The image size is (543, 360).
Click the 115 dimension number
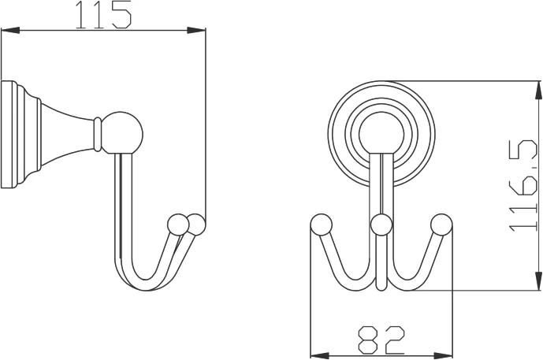click(103, 14)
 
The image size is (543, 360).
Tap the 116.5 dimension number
click(523, 186)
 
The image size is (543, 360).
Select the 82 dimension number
click(381, 340)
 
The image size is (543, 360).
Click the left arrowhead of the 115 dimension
click(10, 31)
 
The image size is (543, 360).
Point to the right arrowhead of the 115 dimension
click(197, 31)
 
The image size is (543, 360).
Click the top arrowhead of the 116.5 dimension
click(537, 91)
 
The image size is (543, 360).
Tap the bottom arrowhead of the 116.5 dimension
click(537, 281)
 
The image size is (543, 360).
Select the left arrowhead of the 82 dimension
click(319, 355)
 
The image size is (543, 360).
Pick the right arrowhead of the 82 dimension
click(443, 355)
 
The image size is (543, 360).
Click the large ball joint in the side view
click(122, 132)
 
